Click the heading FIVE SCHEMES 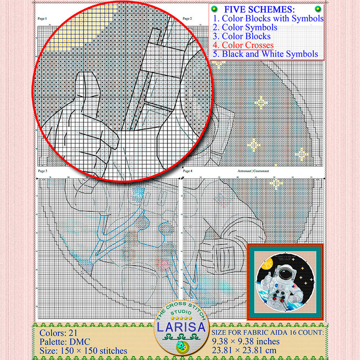(265, 9)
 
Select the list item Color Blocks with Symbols (268, 18)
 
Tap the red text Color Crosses (243, 45)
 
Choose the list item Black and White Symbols (265, 54)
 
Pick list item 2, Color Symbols (239, 27)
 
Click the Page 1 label (43, 18)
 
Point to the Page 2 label (187, 18)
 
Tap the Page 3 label (43, 171)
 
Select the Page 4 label (187, 171)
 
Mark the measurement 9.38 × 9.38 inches (246, 342)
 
